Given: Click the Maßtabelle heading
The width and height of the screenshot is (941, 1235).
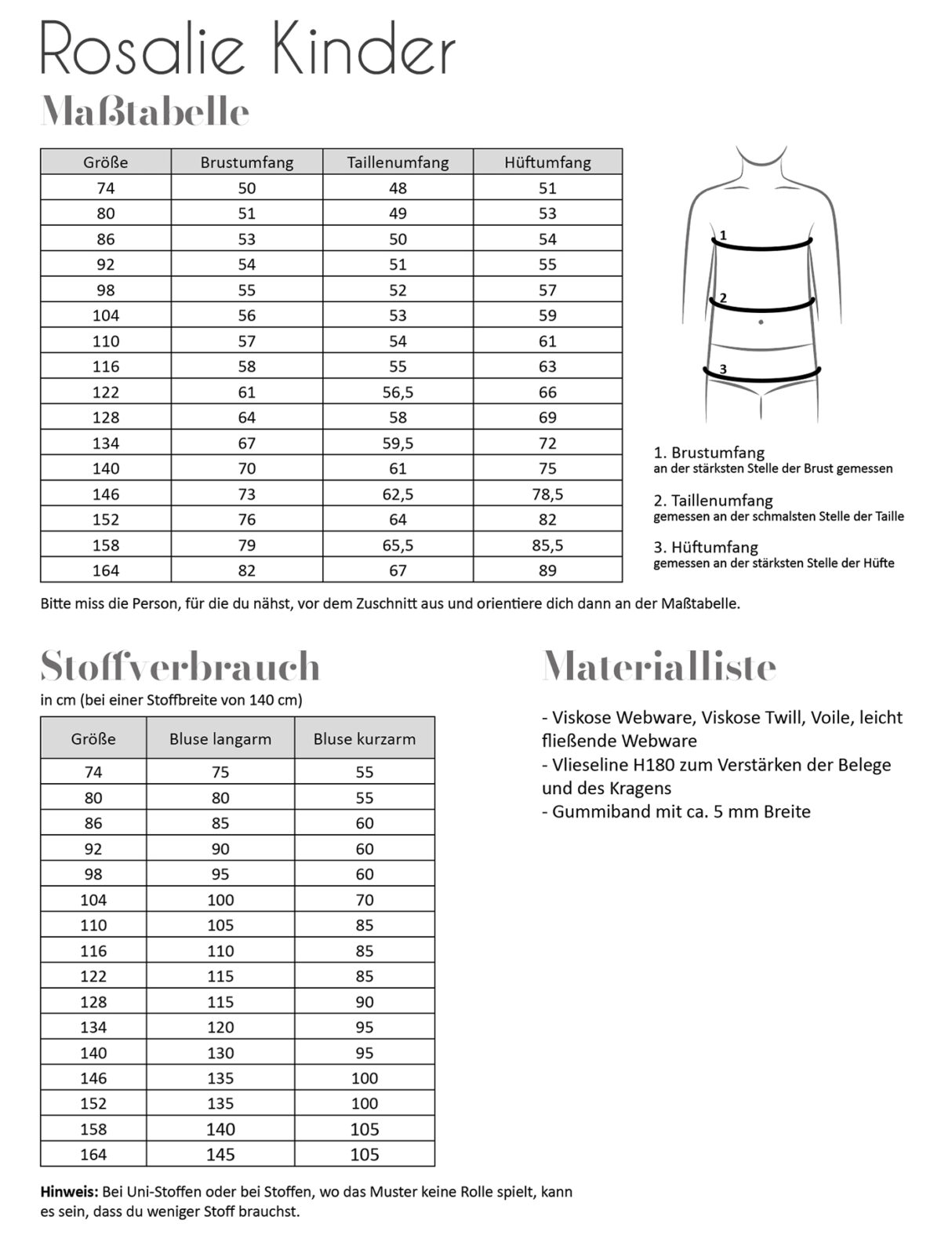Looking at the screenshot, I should click(x=145, y=113).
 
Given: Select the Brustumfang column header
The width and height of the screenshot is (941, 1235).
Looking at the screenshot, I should click(x=247, y=162).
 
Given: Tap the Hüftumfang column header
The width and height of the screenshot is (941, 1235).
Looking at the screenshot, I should click(x=547, y=162).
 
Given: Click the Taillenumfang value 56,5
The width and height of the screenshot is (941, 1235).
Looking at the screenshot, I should click(x=398, y=392).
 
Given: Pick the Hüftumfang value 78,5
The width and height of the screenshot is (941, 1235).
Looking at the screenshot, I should click(x=547, y=494).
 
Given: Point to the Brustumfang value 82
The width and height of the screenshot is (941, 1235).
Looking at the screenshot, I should click(x=247, y=570).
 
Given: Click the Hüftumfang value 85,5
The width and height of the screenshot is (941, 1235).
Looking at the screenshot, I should click(x=547, y=545).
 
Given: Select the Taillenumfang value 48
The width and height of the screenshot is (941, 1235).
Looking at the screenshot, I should click(x=398, y=188).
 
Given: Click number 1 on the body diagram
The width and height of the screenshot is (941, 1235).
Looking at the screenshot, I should click(x=723, y=235).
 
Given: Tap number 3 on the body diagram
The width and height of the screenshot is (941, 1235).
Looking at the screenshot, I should click(x=723, y=369).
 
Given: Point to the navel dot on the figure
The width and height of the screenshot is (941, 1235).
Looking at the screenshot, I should click(x=761, y=322).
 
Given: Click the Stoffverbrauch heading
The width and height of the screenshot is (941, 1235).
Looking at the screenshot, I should click(x=180, y=667).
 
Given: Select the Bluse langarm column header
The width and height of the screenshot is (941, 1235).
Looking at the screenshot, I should click(x=220, y=739).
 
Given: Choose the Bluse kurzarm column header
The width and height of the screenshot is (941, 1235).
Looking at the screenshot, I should click(x=365, y=739).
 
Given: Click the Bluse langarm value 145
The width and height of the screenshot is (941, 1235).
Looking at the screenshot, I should click(x=220, y=1154).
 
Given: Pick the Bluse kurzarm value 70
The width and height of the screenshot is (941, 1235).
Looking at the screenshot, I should click(x=365, y=900).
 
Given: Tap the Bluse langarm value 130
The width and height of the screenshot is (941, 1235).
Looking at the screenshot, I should click(x=220, y=1053).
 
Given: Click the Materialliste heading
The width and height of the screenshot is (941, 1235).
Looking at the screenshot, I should click(x=659, y=667).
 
